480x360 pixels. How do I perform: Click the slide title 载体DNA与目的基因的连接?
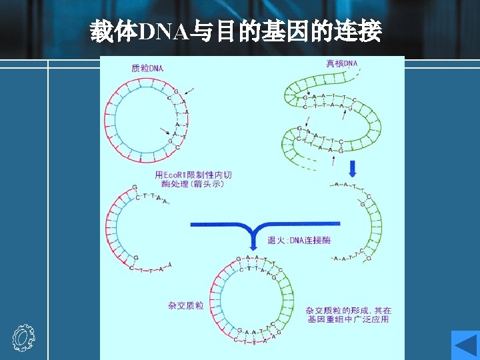click(x=236, y=31)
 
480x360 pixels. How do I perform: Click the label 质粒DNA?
click(x=148, y=68)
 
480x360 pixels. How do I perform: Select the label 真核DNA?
click(x=342, y=64)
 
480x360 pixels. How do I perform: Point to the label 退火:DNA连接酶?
click(x=299, y=240)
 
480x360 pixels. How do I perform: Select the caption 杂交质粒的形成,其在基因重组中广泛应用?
click(x=349, y=315)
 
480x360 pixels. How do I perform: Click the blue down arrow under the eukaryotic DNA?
click(x=353, y=167)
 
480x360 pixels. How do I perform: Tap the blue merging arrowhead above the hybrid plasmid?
click(x=254, y=241)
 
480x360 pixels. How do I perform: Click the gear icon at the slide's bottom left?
click(x=23, y=338)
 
